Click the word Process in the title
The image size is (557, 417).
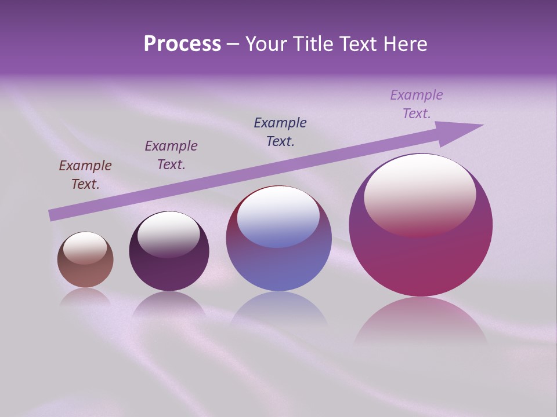click(x=182, y=44)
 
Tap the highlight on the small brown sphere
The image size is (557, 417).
click(x=85, y=248)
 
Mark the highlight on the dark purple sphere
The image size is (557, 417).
click(x=168, y=233)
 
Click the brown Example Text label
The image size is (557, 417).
click(x=85, y=175)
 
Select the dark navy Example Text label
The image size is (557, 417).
click(x=280, y=131)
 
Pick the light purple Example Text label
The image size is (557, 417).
click(x=417, y=104)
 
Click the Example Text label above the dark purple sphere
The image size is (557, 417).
click(x=171, y=155)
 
